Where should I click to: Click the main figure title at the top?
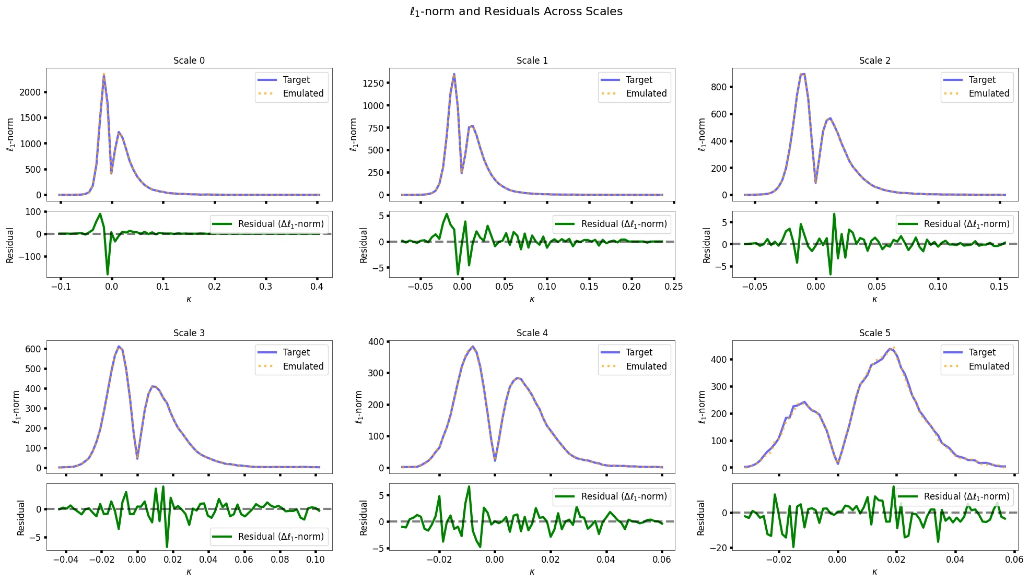click(516, 11)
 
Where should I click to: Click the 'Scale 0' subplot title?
click(189, 61)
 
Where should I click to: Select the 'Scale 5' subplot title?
click(874, 333)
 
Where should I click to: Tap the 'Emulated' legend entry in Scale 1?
click(646, 93)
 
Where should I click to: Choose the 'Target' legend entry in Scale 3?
click(296, 352)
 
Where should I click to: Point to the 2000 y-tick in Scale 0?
click(30, 92)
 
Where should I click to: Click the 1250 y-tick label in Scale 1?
click(373, 83)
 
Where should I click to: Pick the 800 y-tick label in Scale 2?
click(719, 87)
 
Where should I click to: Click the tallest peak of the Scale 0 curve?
click(104, 75)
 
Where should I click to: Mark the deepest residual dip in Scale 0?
click(108, 274)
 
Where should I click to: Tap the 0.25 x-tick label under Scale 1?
click(674, 287)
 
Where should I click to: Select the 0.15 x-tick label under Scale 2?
click(999, 287)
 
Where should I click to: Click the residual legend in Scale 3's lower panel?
click(270, 537)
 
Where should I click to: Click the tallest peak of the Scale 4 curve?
click(473, 347)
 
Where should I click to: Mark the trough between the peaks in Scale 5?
click(837, 464)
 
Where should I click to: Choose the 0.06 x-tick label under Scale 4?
click(662, 560)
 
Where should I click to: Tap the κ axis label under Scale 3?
click(189, 572)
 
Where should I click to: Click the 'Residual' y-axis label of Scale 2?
click(707, 245)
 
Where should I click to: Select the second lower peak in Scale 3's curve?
click(153, 386)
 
